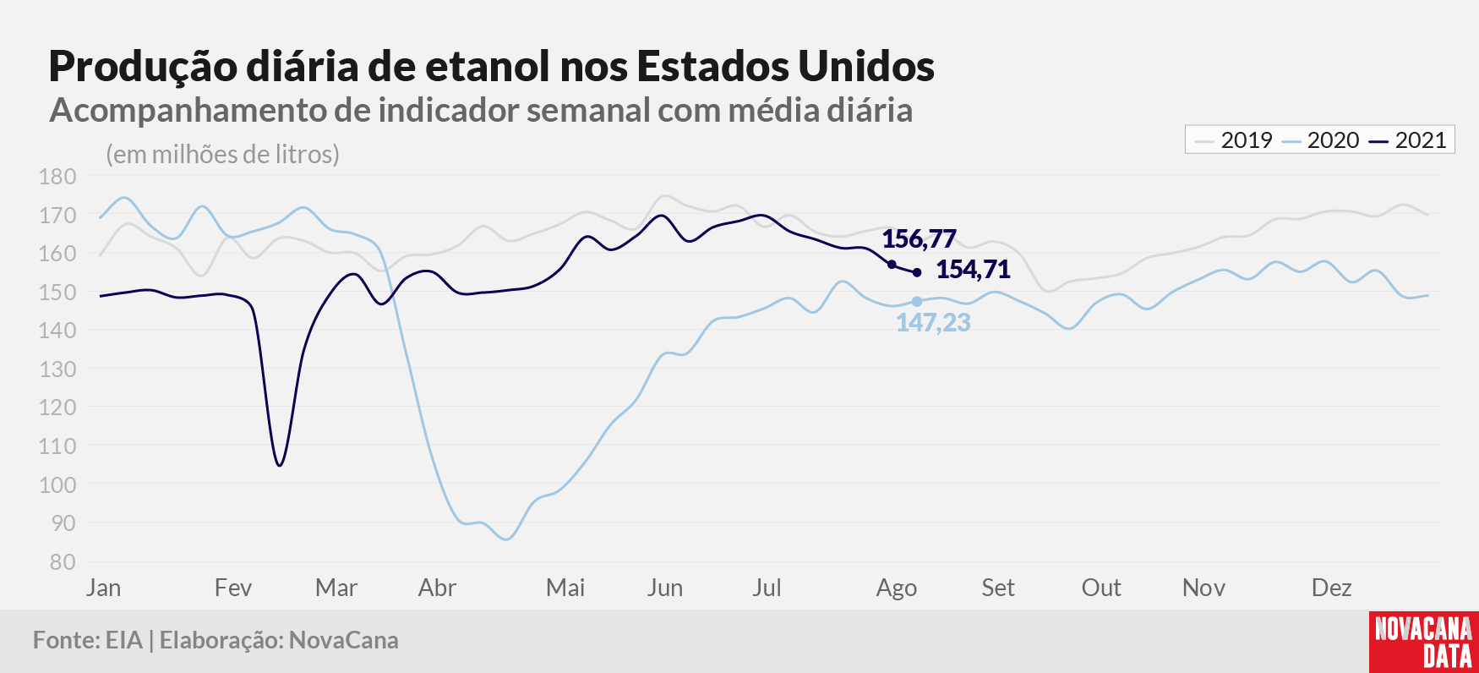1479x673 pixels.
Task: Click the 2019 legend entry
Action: pos(1233,140)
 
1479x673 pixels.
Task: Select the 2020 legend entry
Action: pos(1320,140)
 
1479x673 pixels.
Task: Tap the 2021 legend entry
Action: pos(1408,140)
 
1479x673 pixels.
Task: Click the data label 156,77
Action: pos(919,239)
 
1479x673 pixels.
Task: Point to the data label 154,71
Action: pos(973,270)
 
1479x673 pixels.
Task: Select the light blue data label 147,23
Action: pos(933,323)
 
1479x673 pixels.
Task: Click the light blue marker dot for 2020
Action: pos(917,302)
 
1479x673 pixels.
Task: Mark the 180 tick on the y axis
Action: pos(57,177)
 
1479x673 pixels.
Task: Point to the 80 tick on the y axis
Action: pos(63,562)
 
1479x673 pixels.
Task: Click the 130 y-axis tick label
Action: pos(57,369)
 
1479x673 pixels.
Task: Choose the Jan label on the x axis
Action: pos(103,588)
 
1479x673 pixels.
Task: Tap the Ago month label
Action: pos(897,588)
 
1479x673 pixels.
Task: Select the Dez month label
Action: pos(1331,588)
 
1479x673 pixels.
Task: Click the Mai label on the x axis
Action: pos(565,588)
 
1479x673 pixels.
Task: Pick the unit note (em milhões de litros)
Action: pos(223,155)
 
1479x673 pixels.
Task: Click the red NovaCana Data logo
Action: pos(1424,642)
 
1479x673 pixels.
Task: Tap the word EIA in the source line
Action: pos(124,640)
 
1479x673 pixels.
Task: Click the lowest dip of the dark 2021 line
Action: pos(280,465)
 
